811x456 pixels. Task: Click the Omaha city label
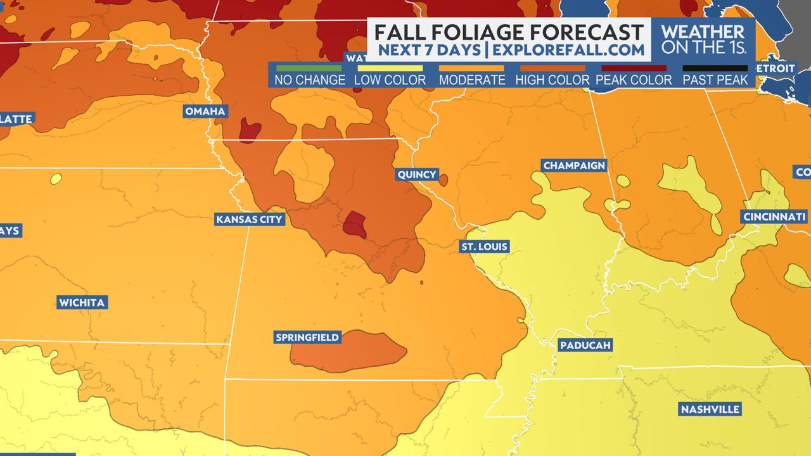205,111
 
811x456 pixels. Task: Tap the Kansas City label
249,219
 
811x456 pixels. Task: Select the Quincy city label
416,174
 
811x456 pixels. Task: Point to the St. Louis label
484,246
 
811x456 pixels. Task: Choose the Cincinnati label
774,217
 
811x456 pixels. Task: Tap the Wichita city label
82,302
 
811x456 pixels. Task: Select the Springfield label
307,338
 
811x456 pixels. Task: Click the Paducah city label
584,345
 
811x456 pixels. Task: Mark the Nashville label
710,409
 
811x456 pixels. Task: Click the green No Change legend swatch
309,68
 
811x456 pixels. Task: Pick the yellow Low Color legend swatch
390,68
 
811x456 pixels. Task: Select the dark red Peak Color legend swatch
634,68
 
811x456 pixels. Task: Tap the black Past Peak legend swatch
715,68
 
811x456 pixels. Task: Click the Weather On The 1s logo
703,39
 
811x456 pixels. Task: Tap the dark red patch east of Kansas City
354,225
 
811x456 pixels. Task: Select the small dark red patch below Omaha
250,130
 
